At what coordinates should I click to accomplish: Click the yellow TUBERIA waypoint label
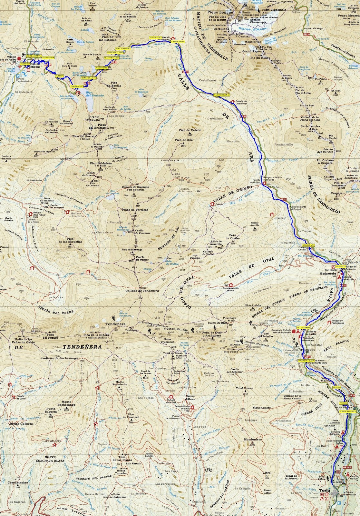59,76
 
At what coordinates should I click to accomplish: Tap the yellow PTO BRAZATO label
101,68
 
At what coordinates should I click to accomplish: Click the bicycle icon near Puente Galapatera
315,311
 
